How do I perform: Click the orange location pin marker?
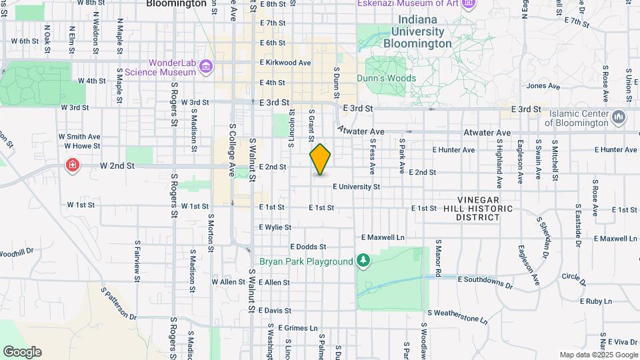pos(320,159)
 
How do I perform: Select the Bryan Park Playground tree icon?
pos(363,260)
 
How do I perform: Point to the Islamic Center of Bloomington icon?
pos(618,117)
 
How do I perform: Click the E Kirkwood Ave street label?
pos(285,63)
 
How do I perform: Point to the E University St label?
pos(356,187)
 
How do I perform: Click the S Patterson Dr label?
pos(119,304)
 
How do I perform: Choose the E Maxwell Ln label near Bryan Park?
pos(383,237)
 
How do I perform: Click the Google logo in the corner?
pos(22,351)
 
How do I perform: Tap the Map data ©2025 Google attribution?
pos(598,355)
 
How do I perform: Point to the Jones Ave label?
pos(541,86)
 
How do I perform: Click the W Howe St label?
pos(82,145)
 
